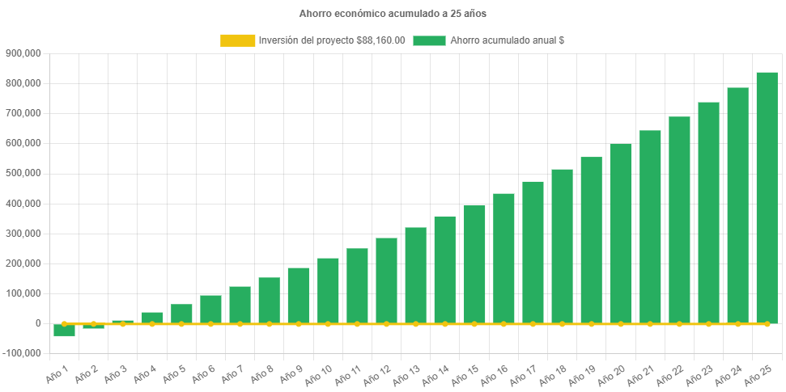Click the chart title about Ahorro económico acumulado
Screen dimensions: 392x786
[x=393, y=14]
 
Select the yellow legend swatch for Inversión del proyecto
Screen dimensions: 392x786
[x=237, y=40]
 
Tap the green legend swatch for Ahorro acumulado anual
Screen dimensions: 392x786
[x=429, y=40]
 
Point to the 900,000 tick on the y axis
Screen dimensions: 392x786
[x=23, y=53]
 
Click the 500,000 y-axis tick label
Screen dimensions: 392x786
[x=23, y=173]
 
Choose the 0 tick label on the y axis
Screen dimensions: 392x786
[x=38, y=323]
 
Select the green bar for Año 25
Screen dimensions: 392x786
[x=767, y=198]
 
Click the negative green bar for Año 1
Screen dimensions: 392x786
[x=64, y=330]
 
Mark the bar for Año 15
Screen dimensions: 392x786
[x=474, y=264]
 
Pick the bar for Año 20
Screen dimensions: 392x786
[x=620, y=234]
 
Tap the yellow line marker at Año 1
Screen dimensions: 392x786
[x=64, y=323]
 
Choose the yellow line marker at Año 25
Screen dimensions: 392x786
[x=767, y=323]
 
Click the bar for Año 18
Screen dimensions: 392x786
[x=562, y=247]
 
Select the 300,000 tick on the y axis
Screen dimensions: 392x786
[x=23, y=234]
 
